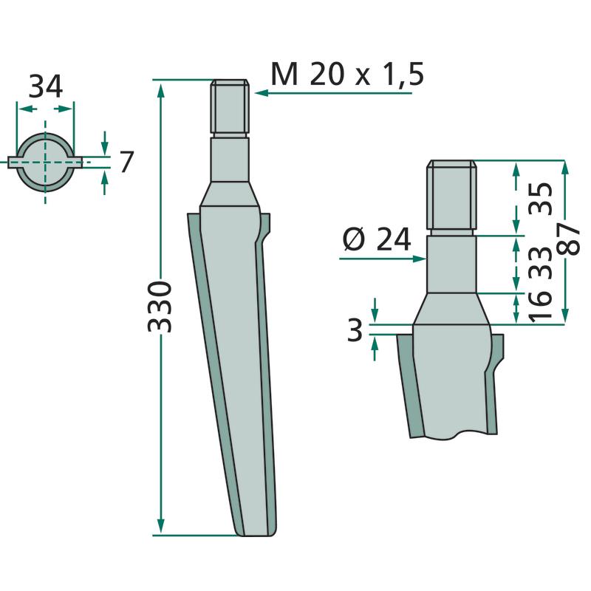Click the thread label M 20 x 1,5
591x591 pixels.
point(347,75)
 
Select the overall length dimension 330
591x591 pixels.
point(160,307)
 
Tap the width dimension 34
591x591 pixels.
point(46,87)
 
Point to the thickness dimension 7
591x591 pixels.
point(126,162)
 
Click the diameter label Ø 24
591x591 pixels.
point(377,239)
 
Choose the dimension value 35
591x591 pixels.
point(542,199)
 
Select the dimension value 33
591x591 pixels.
point(542,263)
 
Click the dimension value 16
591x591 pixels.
point(542,307)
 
